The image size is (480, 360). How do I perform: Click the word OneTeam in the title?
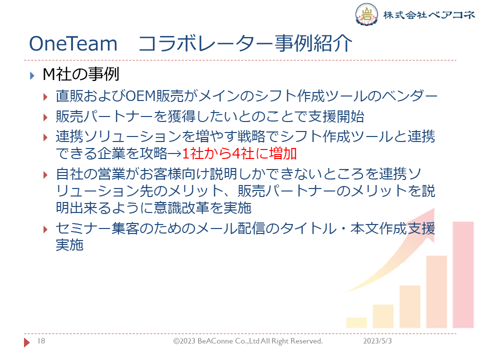(x=73, y=43)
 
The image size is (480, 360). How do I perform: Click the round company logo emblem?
(x=366, y=14)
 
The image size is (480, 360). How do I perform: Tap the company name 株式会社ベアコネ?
(x=429, y=14)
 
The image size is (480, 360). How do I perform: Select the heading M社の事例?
(x=81, y=74)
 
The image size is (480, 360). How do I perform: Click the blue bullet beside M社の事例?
(x=32, y=75)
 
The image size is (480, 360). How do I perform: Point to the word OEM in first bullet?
(x=141, y=96)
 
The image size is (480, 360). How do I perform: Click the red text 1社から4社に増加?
(x=239, y=153)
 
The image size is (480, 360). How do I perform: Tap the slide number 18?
(x=41, y=340)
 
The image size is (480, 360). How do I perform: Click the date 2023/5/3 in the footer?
(x=377, y=340)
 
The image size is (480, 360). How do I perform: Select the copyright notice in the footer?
(x=248, y=341)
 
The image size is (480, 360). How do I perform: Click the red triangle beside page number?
(x=27, y=342)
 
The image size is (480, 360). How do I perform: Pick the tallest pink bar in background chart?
(x=463, y=275)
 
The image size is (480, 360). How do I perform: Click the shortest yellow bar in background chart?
(x=356, y=322)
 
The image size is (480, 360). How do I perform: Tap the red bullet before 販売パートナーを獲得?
(x=45, y=117)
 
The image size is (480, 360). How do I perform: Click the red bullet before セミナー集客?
(x=45, y=229)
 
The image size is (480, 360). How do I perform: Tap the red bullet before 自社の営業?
(x=45, y=175)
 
